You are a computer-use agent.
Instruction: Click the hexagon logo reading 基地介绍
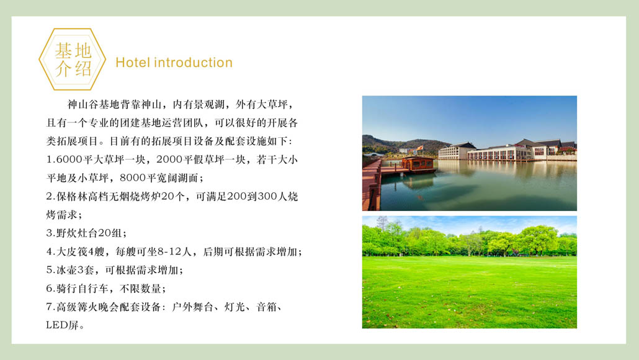pos(73,60)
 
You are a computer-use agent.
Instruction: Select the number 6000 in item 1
pos(68,160)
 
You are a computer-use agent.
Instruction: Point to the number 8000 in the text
pos(132,178)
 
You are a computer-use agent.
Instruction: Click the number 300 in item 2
pos(267,196)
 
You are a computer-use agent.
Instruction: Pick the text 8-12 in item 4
pos(168,251)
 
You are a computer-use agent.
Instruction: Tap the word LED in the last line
pos(56,325)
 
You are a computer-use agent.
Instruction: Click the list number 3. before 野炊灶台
pos(50,233)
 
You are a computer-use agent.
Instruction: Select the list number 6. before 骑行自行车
pos(50,289)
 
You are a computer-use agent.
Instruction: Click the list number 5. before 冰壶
pos(50,270)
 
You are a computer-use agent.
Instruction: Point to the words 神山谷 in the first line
pos(83,104)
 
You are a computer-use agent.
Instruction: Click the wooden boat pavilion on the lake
pos(417,164)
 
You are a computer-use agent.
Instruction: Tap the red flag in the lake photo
pos(419,148)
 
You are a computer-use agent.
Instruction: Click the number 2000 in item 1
pos(169,160)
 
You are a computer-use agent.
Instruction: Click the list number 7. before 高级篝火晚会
pos(50,307)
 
